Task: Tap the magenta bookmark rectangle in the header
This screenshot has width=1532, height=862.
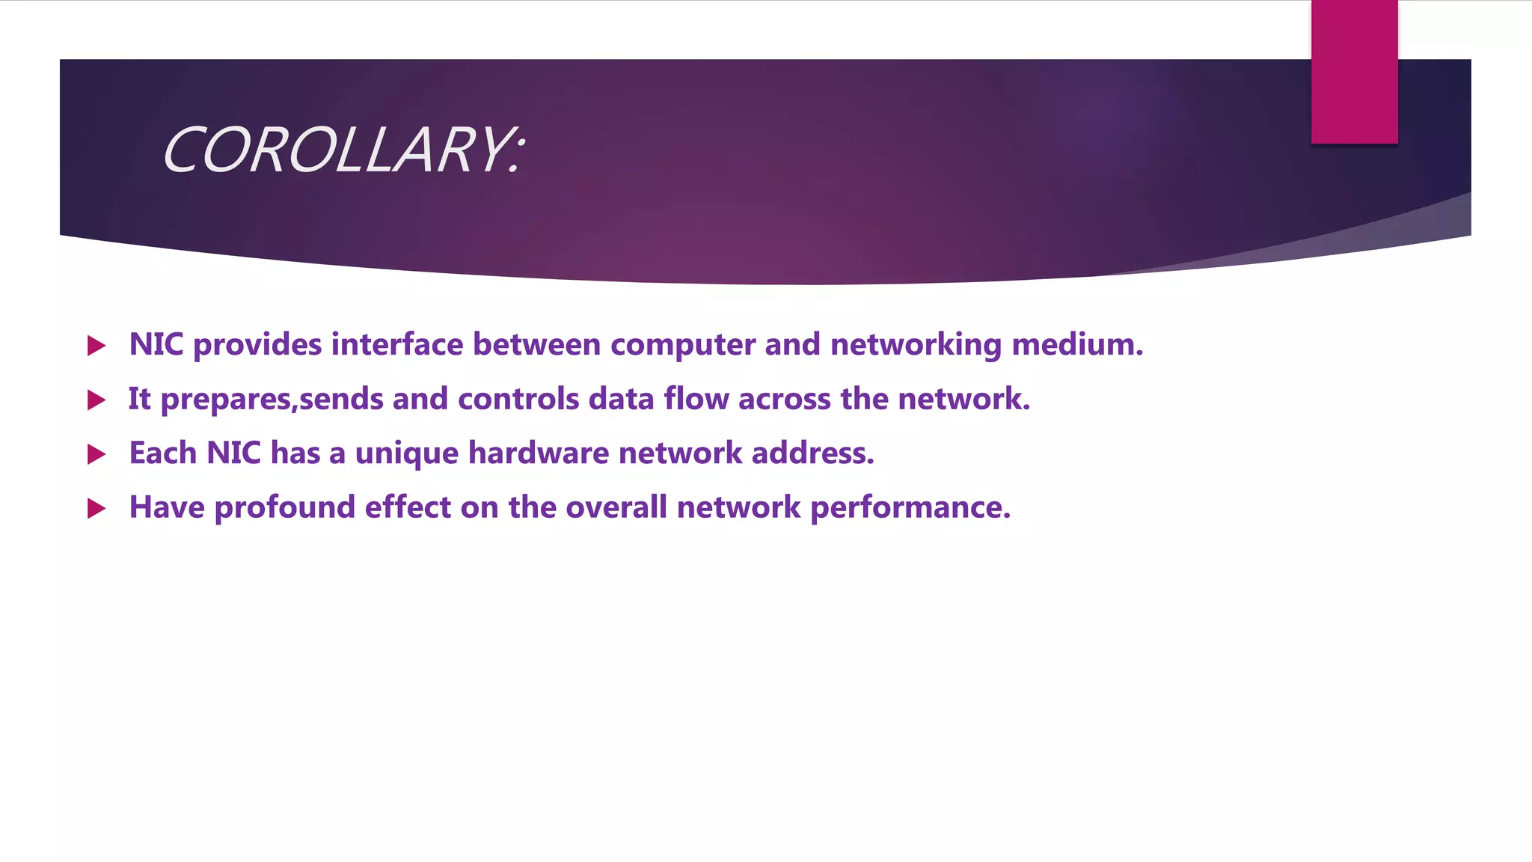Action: tap(1354, 72)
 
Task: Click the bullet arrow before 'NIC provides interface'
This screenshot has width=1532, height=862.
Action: tap(96, 346)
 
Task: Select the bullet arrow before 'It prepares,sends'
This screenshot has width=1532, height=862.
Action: tap(96, 400)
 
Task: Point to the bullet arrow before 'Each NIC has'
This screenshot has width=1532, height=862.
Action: tap(96, 454)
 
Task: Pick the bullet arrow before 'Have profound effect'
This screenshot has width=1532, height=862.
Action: tap(96, 509)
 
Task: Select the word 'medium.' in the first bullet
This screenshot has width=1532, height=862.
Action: tap(1077, 344)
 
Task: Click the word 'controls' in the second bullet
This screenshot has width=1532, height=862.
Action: tap(518, 399)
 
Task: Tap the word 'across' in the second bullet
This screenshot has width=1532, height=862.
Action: tap(785, 399)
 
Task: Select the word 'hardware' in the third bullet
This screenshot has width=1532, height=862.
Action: tap(539, 453)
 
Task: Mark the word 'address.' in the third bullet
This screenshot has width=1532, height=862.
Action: tap(812, 453)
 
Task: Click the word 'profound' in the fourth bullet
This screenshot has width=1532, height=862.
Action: tap(285, 508)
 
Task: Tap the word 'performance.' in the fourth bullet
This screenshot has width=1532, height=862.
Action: tap(910, 508)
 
